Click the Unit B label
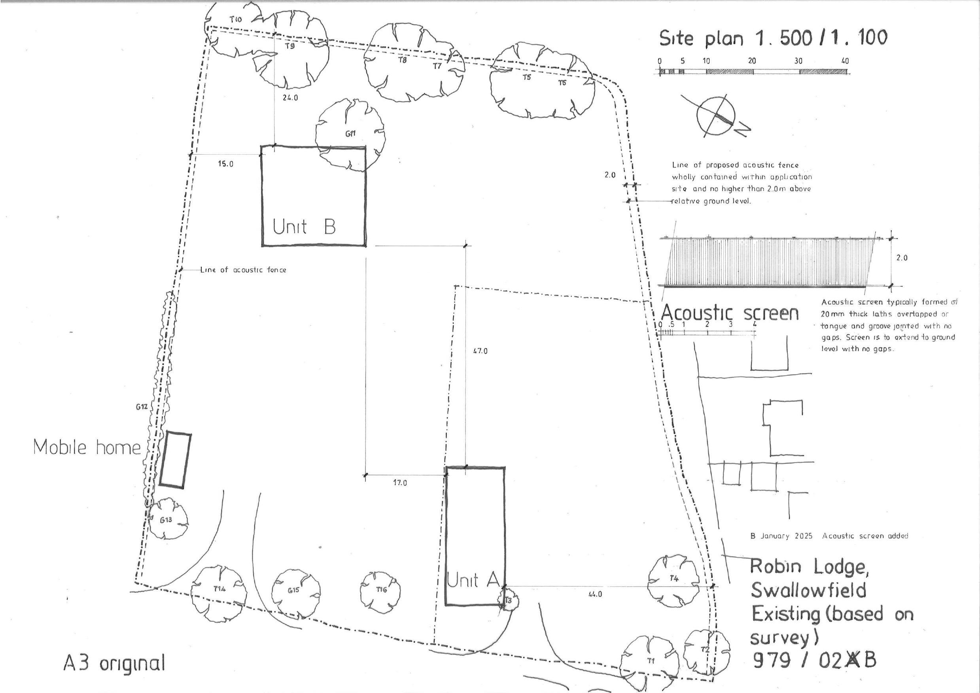(x=304, y=226)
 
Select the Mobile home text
(x=87, y=447)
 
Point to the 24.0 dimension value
(x=290, y=98)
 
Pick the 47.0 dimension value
(x=480, y=351)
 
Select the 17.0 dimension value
(x=399, y=483)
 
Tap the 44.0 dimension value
(x=595, y=594)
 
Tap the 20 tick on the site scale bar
(x=752, y=61)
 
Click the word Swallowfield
(x=808, y=591)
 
